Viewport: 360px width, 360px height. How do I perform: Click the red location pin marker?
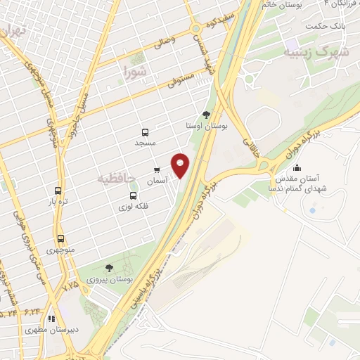pyautogui.click(x=181, y=165)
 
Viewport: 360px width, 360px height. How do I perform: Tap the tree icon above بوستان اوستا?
pyautogui.click(x=205, y=115)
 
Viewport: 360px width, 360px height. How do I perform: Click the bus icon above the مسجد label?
pyautogui.click(x=145, y=131)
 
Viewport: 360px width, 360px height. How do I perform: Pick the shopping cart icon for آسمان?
pyautogui.click(x=156, y=170)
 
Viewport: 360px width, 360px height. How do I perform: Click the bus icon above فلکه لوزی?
pyautogui.click(x=127, y=196)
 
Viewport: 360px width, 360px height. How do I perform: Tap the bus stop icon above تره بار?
pyautogui.click(x=59, y=190)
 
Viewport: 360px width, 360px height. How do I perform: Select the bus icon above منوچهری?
pyautogui.click(x=61, y=238)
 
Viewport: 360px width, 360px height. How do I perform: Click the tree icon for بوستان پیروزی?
pyautogui.click(x=108, y=268)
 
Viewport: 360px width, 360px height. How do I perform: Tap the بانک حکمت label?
pyautogui.click(x=327, y=26)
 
